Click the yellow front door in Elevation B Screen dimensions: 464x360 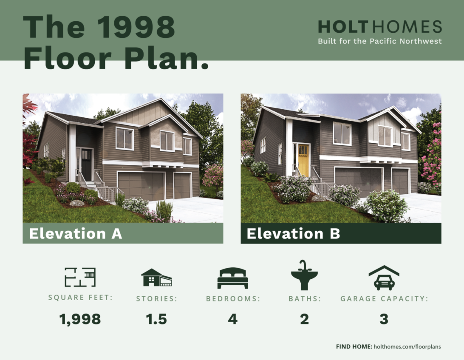304,160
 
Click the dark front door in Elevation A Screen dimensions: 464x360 86,164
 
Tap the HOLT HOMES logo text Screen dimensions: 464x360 380,27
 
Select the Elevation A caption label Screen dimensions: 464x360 76,234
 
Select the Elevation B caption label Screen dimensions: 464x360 293,234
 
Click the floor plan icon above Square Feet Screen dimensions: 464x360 80,277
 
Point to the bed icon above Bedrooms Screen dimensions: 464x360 232,278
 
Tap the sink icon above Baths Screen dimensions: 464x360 304,275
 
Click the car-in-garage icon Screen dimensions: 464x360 384,278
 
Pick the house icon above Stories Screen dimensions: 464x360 156,278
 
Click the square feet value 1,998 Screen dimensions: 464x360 80,319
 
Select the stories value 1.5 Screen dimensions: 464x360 156,319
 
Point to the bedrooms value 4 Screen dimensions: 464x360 232,319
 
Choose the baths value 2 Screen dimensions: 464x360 305,319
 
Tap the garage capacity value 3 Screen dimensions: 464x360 384,319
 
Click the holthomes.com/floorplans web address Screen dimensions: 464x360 407,347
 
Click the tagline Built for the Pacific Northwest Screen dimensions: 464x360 380,41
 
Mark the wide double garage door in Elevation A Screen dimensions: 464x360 141,186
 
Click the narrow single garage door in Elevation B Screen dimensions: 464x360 401,181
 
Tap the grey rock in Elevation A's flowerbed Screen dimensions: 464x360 76,203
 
